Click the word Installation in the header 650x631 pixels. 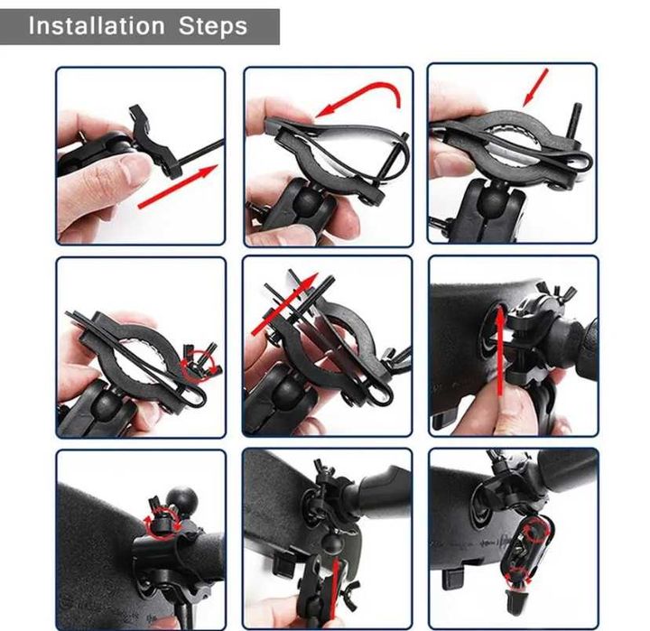(x=97, y=25)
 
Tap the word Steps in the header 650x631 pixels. (x=213, y=25)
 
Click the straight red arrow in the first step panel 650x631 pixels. (x=178, y=186)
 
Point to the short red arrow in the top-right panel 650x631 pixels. (x=535, y=88)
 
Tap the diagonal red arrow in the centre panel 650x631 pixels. (x=284, y=304)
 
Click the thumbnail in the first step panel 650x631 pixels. (x=134, y=168)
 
